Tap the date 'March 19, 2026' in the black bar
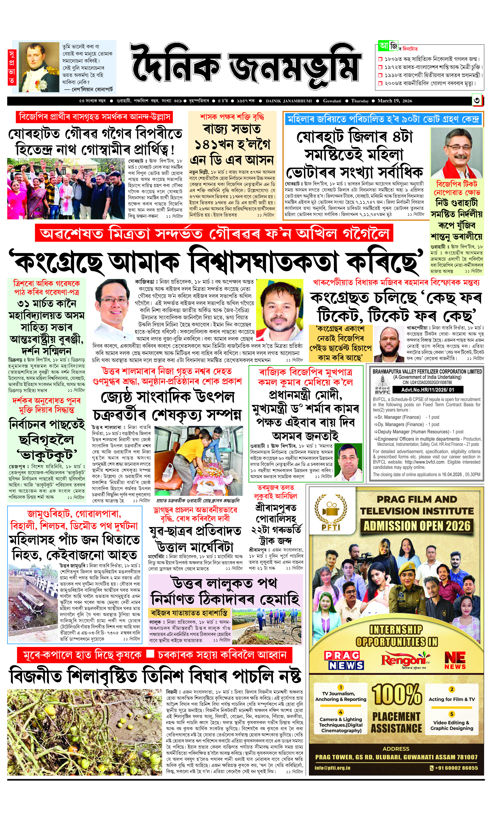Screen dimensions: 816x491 pos(395,101)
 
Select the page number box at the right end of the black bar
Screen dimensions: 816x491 pos(477,101)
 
